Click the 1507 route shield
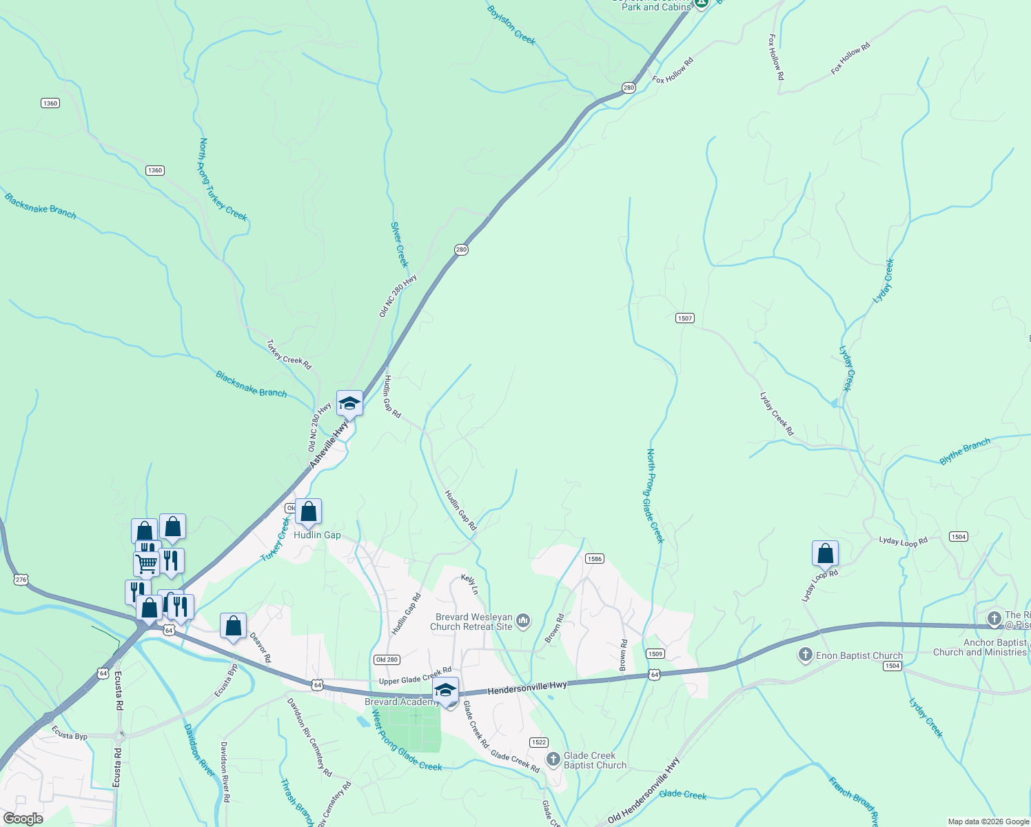684,318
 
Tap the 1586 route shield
595,559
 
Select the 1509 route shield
655,653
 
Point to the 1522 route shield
538,742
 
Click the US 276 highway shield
21,580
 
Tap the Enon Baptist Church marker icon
805,655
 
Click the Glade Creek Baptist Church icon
553,759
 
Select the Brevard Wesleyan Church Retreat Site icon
523,622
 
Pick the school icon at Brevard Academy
446,691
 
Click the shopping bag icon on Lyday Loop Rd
825,553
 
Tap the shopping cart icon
146,563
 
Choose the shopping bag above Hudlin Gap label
308,512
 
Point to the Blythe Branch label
965,451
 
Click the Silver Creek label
400,244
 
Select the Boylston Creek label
511,25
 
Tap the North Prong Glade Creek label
654,496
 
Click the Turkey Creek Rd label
289,354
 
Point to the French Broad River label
853,802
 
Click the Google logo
23,819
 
